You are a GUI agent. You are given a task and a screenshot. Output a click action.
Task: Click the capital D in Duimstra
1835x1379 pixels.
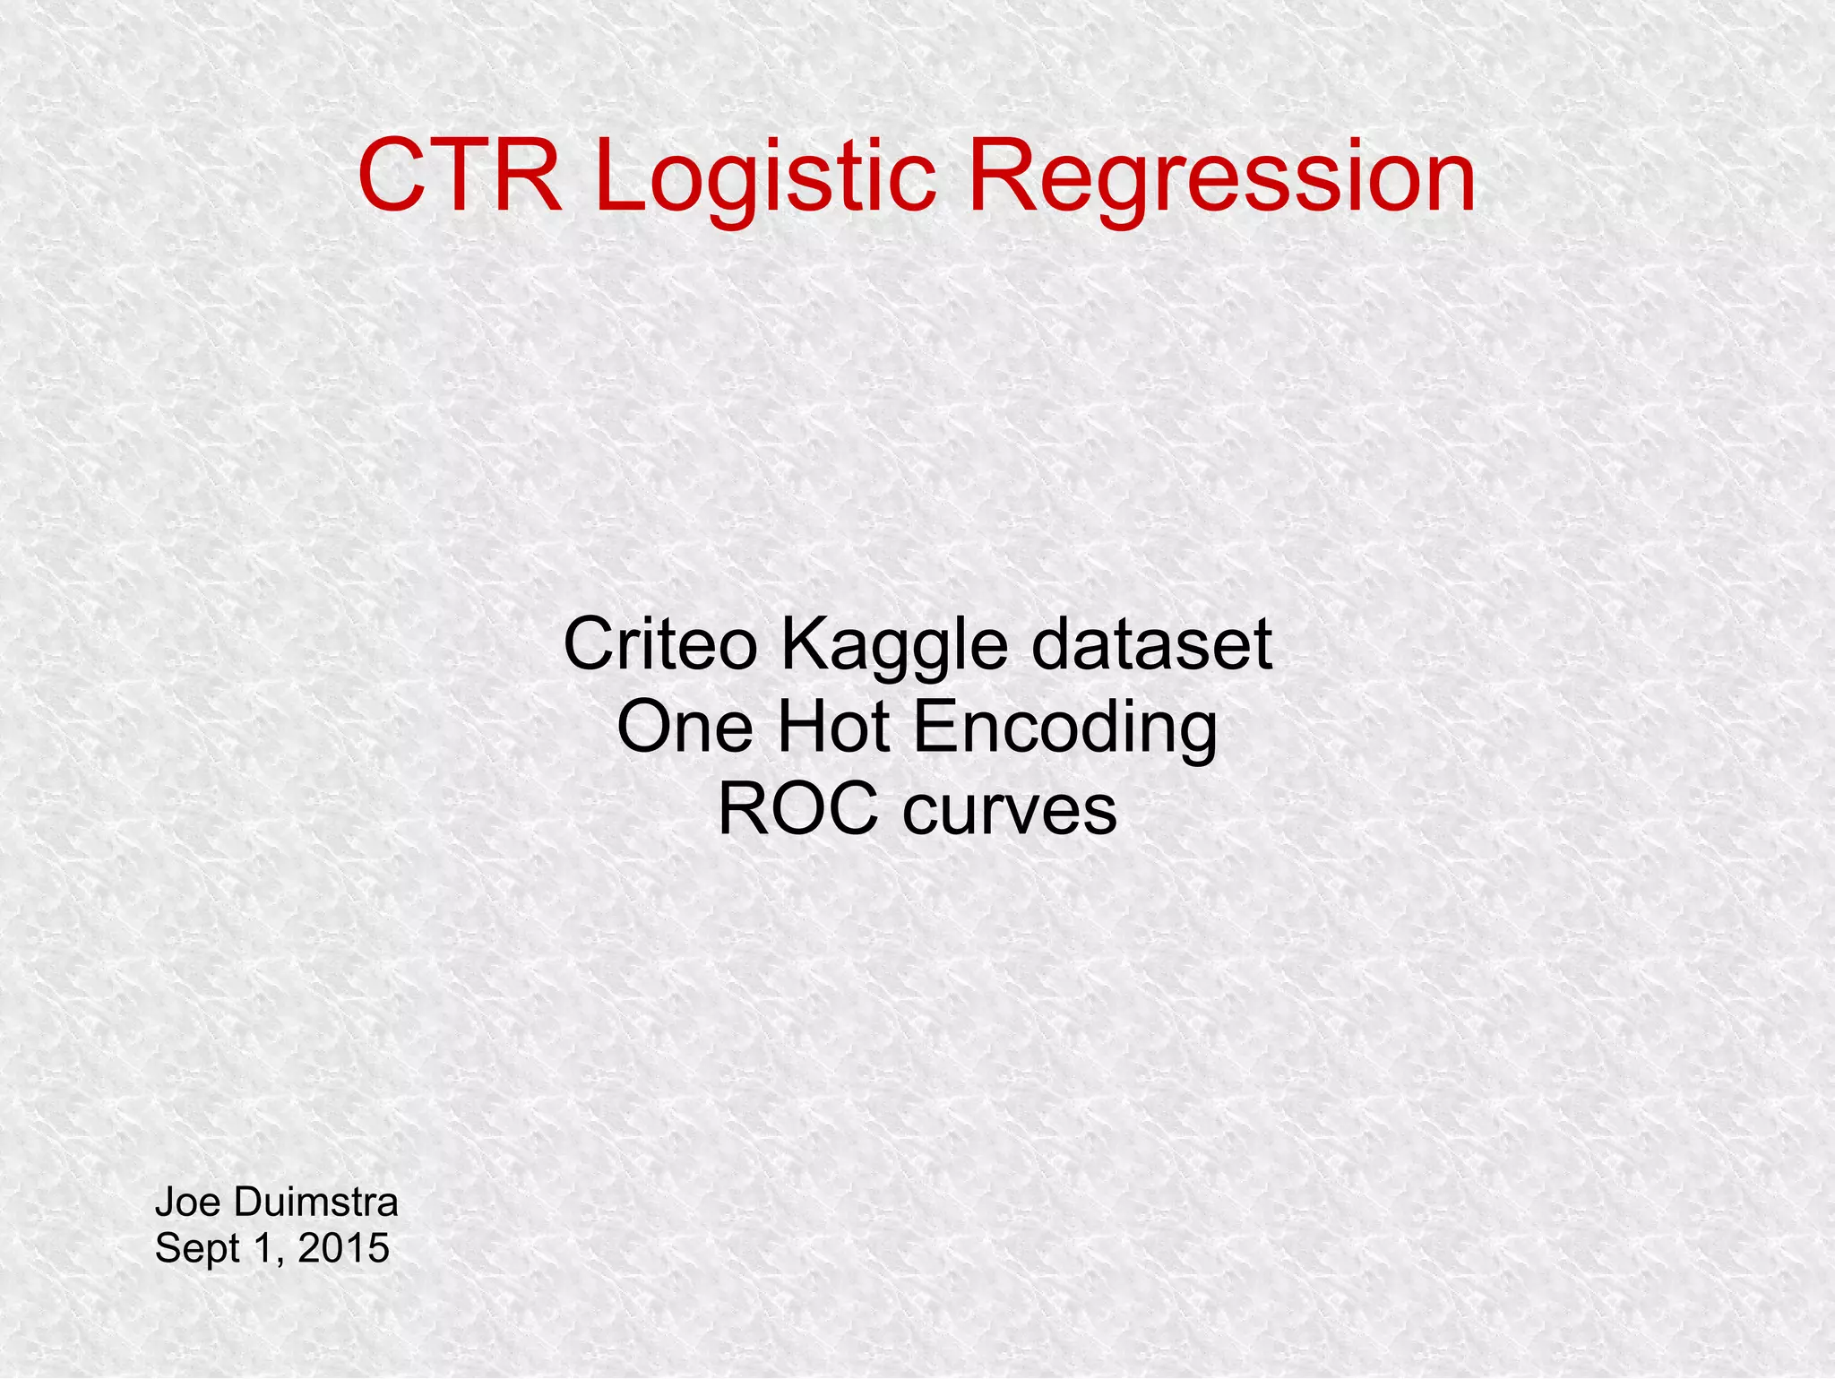(x=247, y=1202)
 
